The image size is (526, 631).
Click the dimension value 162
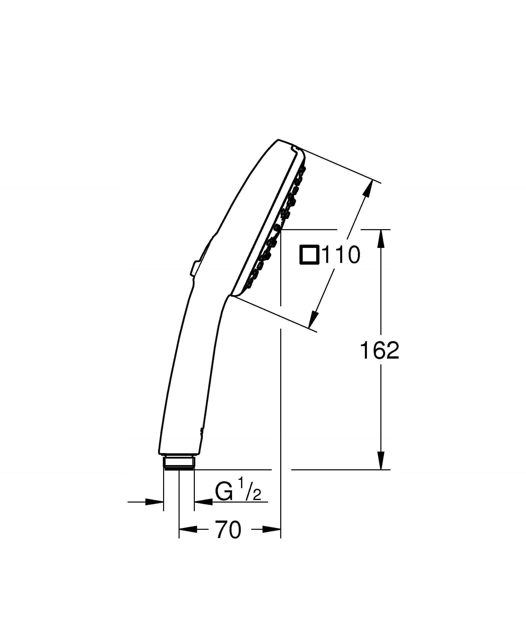click(x=380, y=350)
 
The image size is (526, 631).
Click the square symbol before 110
click(x=309, y=255)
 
